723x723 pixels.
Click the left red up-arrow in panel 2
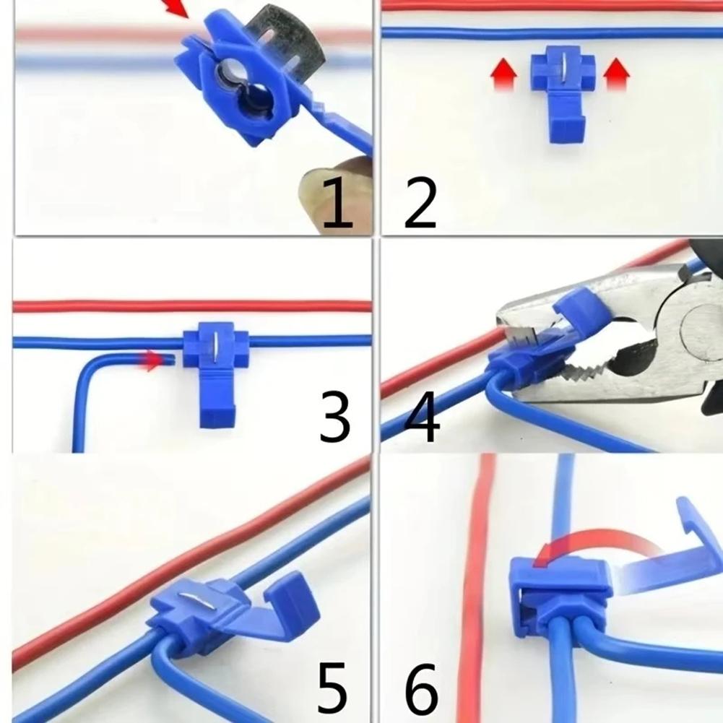pos(503,74)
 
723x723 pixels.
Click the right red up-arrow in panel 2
pos(616,74)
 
